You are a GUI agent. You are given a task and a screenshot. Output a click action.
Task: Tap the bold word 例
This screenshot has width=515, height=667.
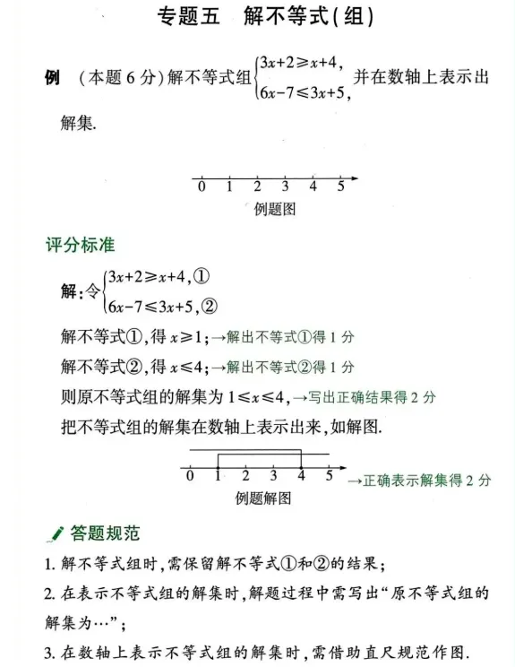pos(52,78)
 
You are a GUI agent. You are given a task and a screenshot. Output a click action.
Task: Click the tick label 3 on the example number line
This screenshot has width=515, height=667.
pos(285,188)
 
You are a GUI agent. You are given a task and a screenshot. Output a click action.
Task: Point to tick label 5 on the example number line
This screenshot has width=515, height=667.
pos(341,188)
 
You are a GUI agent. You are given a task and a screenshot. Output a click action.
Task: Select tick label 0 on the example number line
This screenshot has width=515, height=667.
pos(202,188)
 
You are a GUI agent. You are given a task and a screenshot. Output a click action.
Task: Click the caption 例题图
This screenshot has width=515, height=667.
pos(275,209)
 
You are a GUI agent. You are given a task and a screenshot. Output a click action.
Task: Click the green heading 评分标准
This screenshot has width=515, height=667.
pos(81,244)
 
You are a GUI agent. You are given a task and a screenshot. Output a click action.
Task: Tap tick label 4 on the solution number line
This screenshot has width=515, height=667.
pos(302,476)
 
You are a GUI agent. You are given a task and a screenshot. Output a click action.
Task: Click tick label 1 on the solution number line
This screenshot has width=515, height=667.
pos(218,476)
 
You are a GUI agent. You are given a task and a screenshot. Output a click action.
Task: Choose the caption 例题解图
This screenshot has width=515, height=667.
pos(263,498)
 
